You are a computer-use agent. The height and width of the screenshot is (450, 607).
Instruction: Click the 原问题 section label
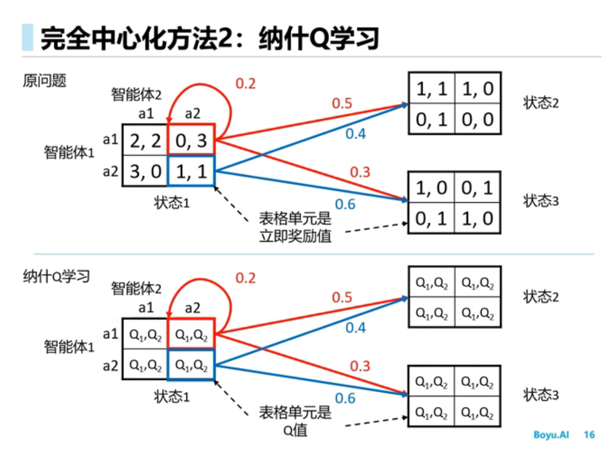click(x=45, y=81)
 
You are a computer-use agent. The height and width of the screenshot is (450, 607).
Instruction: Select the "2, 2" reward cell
click(x=145, y=140)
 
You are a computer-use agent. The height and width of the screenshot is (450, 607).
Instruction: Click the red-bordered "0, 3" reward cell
click(x=191, y=140)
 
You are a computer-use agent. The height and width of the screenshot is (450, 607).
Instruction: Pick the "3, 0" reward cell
click(x=145, y=171)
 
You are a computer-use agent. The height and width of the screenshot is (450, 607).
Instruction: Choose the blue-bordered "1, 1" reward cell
click(x=191, y=171)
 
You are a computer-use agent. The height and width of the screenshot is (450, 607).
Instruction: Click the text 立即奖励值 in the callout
click(x=296, y=236)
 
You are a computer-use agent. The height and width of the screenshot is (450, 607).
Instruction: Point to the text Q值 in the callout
click(x=295, y=430)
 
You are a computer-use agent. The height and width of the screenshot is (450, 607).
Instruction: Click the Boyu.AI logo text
click(x=551, y=435)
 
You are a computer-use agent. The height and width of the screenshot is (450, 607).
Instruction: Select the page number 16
click(x=589, y=435)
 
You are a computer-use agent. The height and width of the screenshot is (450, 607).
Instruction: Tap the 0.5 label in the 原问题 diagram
click(x=342, y=103)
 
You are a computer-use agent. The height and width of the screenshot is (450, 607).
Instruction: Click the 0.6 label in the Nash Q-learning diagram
click(x=345, y=397)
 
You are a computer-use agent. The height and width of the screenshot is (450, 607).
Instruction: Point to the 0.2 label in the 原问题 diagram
click(x=245, y=83)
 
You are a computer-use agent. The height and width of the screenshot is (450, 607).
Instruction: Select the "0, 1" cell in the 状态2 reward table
click(x=431, y=119)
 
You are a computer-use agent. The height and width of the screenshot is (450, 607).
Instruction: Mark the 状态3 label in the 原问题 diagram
click(x=541, y=201)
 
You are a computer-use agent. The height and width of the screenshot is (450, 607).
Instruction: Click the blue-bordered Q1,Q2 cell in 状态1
click(x=191, y=365)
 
